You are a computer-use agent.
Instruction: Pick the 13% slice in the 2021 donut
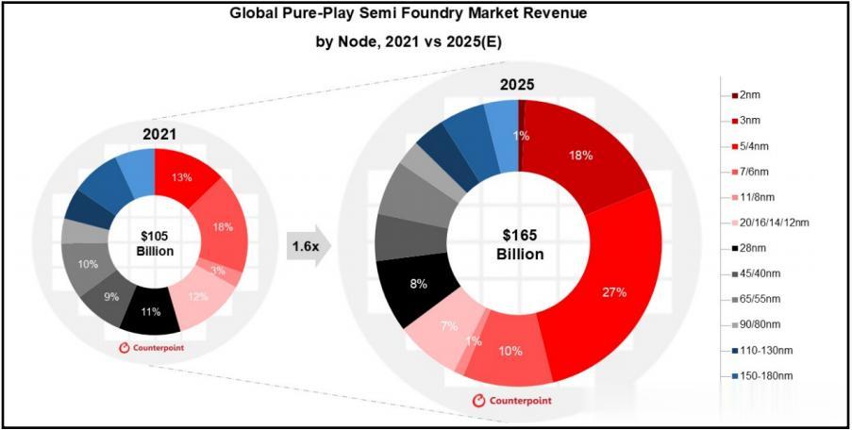[x=183, y=175]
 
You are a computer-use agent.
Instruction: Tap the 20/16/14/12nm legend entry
[x=770, y=222]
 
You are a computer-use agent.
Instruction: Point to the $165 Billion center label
[x=520, y=245]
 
